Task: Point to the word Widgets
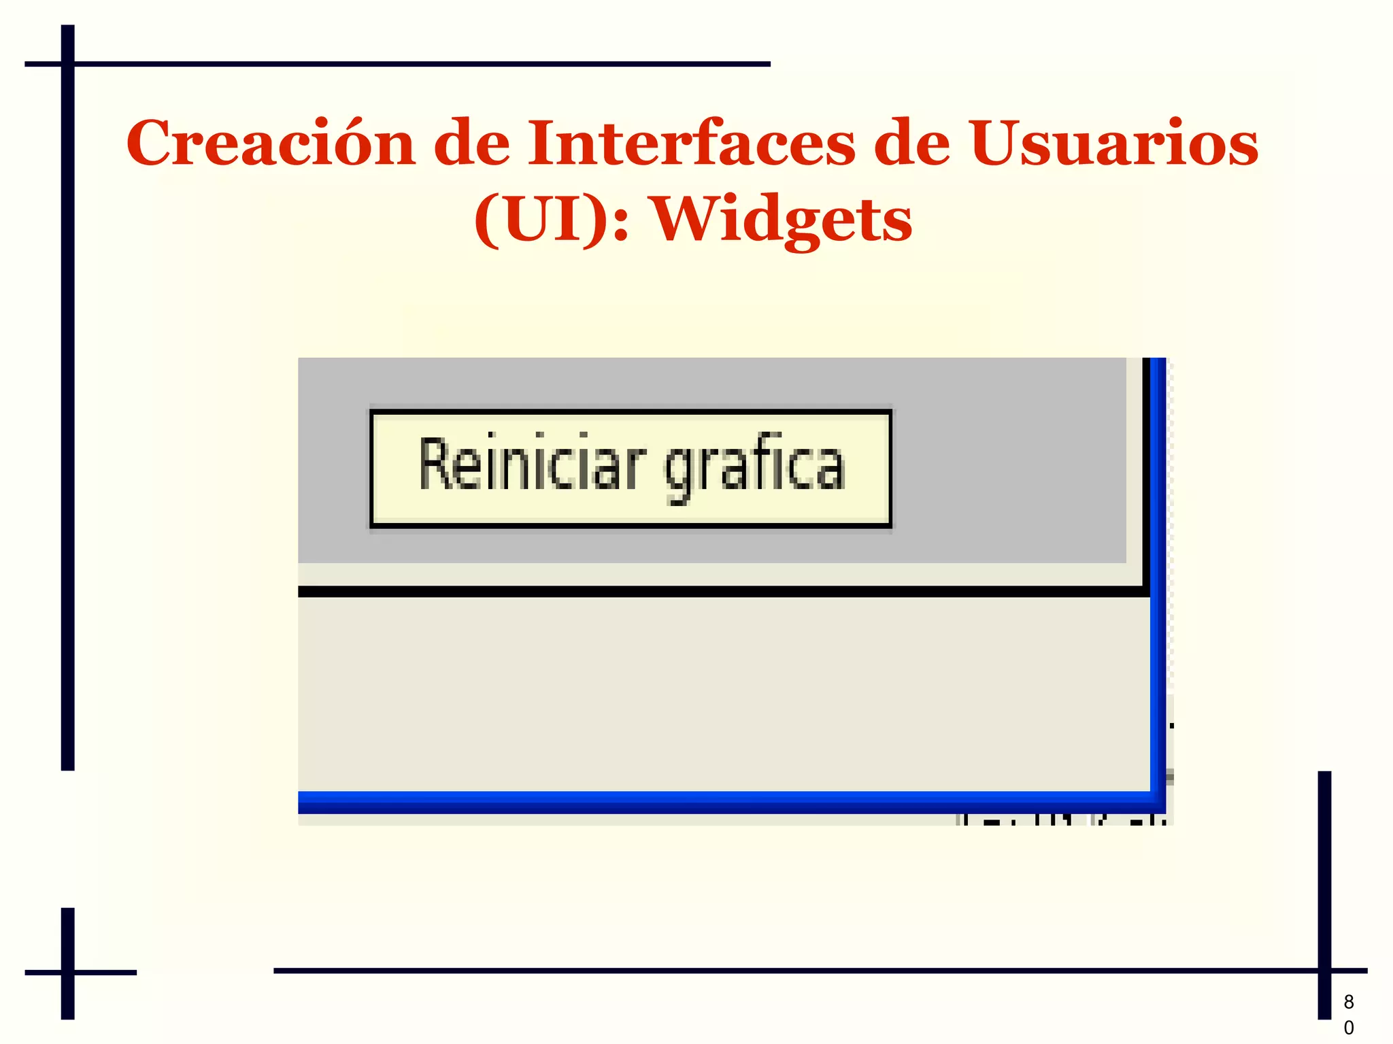point(782,221)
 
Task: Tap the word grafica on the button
point(754,467)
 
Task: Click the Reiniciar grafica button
point(631,469)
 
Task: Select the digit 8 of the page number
point(1349,1002)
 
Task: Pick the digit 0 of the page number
point(1349,1028)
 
